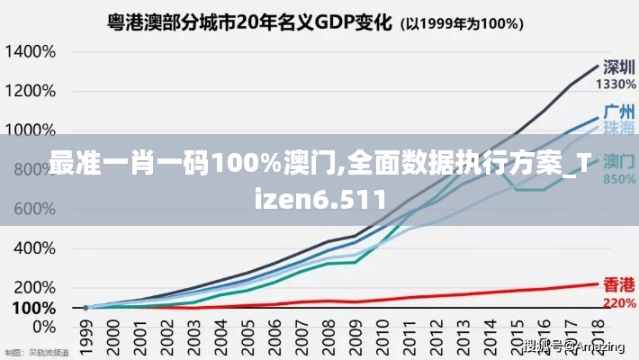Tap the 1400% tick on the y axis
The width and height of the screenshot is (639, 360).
31,51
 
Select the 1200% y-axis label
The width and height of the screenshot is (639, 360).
31,91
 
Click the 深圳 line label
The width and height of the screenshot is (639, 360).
614,67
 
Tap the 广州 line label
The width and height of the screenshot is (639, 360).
616,112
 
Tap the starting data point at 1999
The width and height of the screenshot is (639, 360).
86,308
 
